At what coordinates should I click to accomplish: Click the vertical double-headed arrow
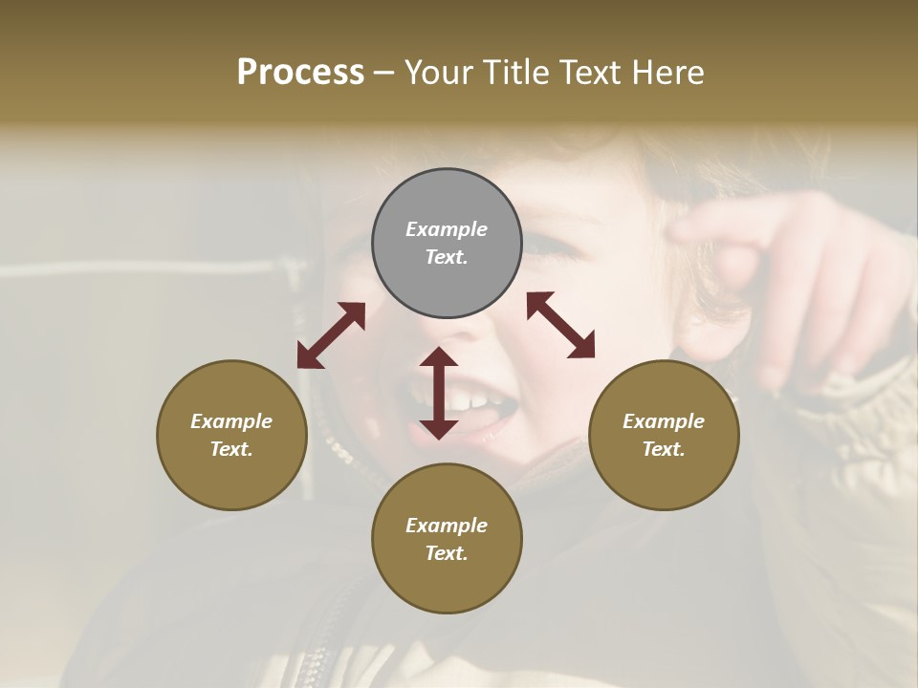439,393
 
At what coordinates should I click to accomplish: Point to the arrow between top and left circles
331,335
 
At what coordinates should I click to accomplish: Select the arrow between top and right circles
560,325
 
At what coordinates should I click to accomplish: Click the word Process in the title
300,73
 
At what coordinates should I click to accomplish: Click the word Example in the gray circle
447,229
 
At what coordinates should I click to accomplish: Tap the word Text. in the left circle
231,449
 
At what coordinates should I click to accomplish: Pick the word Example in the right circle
664,421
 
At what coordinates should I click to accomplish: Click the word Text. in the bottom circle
447,553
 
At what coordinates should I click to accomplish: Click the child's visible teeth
469,399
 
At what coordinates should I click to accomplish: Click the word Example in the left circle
231,421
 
